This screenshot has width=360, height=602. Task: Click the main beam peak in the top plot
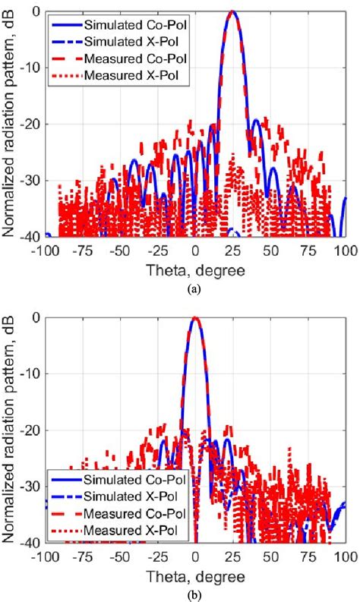coord(232,12)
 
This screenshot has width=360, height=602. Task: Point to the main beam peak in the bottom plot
coord(195,318)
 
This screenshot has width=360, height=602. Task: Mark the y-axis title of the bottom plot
coord(10,430)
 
